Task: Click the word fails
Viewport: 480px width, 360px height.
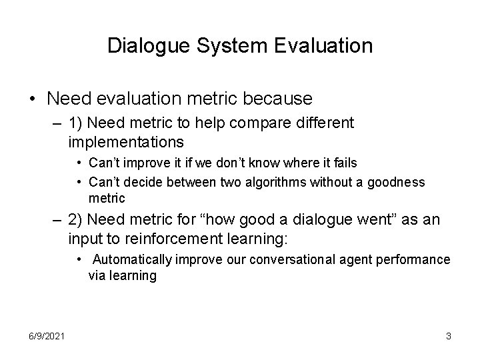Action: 343,163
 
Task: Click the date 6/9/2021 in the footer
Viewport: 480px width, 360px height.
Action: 47,337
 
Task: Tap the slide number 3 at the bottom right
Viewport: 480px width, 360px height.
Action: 449,337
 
